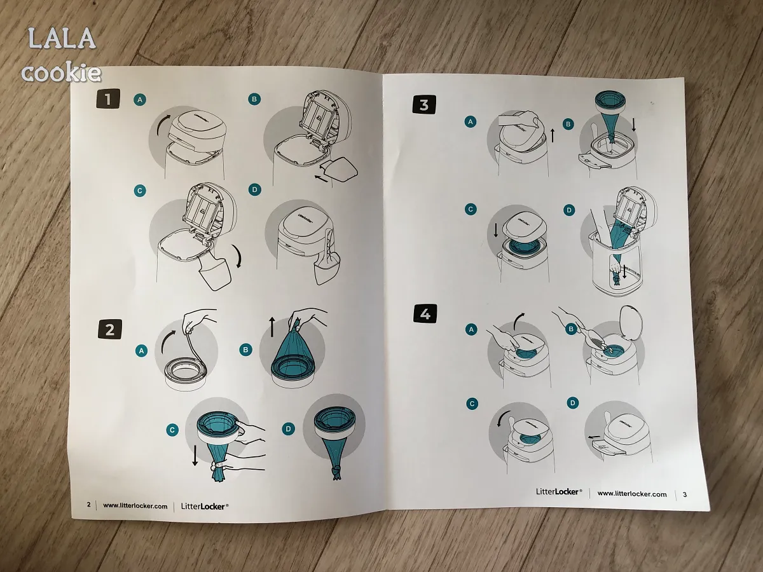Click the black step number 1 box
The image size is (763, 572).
(108, 99)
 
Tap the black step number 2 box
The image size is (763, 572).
(110, 329)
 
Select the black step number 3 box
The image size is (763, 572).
(424, 104)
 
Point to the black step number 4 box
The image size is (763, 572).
(425, 314)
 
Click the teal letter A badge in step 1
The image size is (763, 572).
(140, 100)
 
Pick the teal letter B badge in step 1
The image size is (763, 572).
(254, 99)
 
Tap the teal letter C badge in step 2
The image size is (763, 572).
(172, 430)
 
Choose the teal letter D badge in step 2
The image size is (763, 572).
(288, 428)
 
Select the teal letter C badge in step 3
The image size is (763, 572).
(471, 209)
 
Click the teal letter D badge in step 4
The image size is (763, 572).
(572, 402)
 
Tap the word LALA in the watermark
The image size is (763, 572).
(62, 39)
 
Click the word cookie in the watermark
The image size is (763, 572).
(61, 72)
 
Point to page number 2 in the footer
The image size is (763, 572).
(88, 504)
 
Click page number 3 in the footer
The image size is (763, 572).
(685, 494)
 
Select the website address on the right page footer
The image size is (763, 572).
(632, 494)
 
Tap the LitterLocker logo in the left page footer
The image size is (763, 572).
(204, 507)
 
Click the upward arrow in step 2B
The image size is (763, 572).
(272, 327)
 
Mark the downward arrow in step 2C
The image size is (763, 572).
(195, 455)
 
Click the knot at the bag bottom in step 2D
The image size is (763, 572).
(336, 471)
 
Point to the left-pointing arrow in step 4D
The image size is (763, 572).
(594, 437)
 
